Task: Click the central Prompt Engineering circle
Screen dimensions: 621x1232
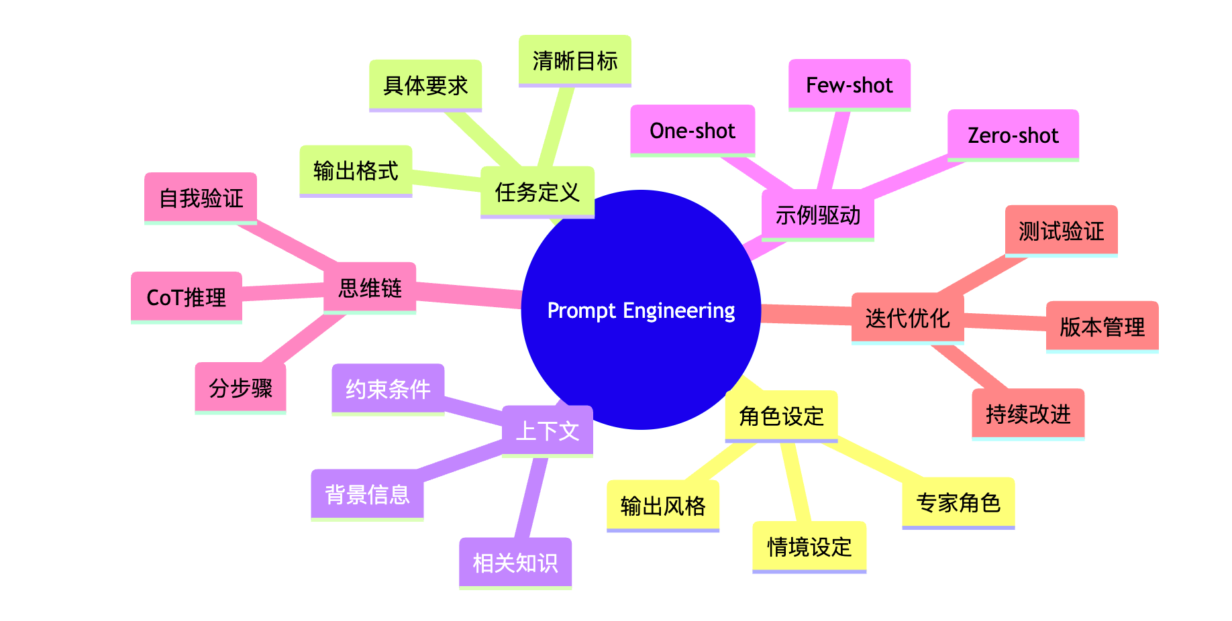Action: tap(641, 310)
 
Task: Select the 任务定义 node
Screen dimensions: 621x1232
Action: tap(537, 192)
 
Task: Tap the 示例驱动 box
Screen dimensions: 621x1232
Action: tap(818, 215)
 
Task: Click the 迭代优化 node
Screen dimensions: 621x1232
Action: tap(907, 318)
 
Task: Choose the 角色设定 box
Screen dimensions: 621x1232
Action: tap(781, 416)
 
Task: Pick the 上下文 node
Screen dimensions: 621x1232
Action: tap(547, 431)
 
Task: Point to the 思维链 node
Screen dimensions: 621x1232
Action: tap(370, 288)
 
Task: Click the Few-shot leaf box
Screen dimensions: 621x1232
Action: tap(849, 84)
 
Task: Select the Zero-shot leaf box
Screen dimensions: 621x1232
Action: tap(1013, 135)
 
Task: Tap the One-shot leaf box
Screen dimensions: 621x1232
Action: tap(692, 130)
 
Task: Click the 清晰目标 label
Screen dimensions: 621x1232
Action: tap(574, 60)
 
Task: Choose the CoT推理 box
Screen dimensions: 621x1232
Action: tap(186, 297)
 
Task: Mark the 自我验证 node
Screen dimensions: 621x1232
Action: tap(201, 198)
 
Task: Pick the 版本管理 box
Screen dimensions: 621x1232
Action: tap(1102, 327)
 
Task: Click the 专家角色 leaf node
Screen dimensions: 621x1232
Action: tap(958, 502)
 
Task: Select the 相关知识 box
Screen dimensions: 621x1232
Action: tap(515, 563)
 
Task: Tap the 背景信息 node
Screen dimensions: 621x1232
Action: tap(367, 494)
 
